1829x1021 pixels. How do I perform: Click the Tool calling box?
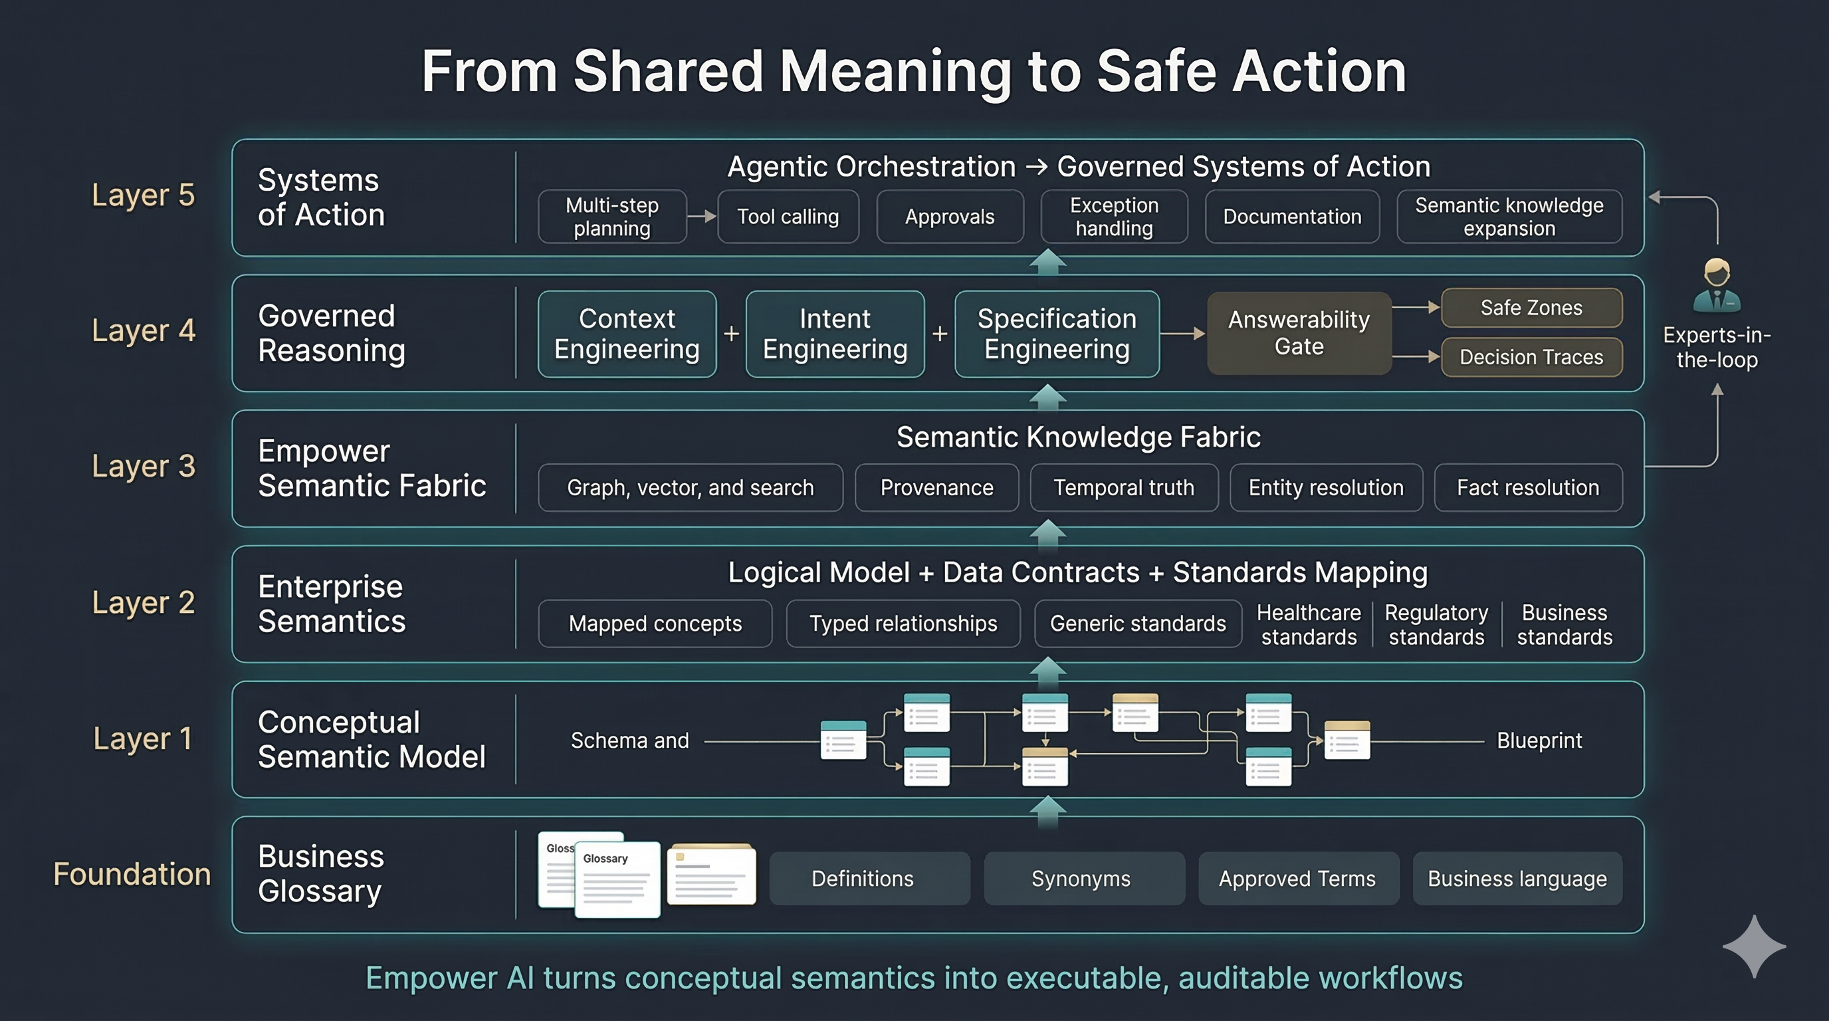click(x=788, y=217)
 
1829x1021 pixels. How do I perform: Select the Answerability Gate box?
click(x=1299, y=333)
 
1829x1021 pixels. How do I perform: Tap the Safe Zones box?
click(x=1531, y=308)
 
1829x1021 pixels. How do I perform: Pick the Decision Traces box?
click(x=1531, y=357)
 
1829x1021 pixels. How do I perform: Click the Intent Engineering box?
click(x=835, y=334)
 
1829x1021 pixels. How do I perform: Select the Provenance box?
click(x=936, y=488)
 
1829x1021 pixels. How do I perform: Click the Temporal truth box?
click(x=1124, y=488)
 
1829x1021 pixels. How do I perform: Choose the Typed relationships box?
click(x=903, y=624)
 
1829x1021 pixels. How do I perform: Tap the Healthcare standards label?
click(x=1309, y=625)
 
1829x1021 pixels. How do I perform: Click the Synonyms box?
click(x=1081, y=879)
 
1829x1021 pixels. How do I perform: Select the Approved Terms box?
click(x=1297, y=879)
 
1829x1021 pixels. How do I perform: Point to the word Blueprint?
click(x=1539, y=740)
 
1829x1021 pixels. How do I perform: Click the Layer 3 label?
click(x=144, y=467)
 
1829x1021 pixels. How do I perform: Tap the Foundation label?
click(x=132, y=874)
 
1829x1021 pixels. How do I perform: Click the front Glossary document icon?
click(x=616, y=881)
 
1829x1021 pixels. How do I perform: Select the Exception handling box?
click(x=1114, y=217)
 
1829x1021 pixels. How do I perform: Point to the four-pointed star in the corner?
click(x=1754, y=947)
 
